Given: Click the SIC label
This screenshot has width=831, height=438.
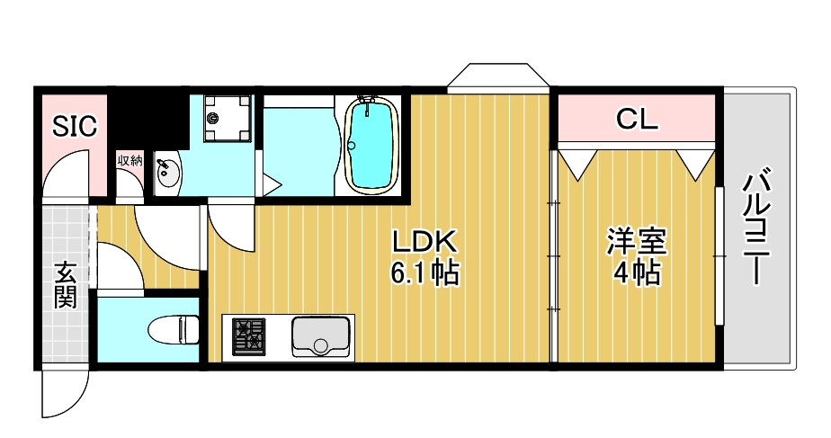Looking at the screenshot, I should [73, 127].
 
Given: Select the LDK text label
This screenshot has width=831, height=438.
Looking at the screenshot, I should [424, 241].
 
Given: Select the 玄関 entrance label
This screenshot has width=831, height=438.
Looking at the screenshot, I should [64, 285].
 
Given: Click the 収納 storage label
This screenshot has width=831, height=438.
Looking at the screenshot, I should [130, 161].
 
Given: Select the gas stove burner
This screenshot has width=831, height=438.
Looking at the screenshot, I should [249, 337].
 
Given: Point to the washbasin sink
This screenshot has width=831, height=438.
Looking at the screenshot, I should [167, 174].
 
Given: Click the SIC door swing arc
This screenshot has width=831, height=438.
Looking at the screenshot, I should [68, 173].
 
